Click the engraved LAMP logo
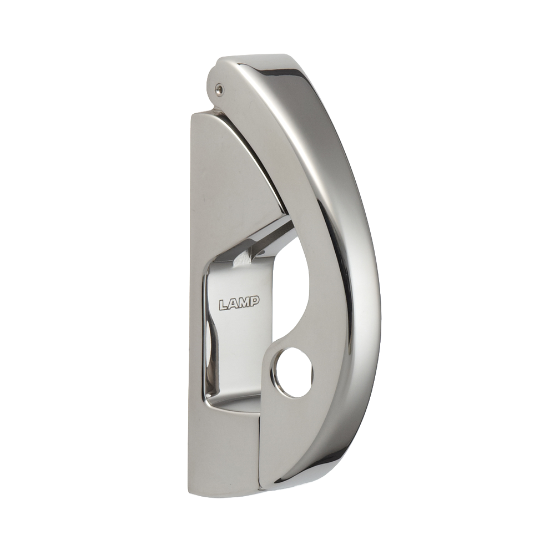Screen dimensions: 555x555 (240, 304)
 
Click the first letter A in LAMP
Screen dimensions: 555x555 (234, 304)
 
